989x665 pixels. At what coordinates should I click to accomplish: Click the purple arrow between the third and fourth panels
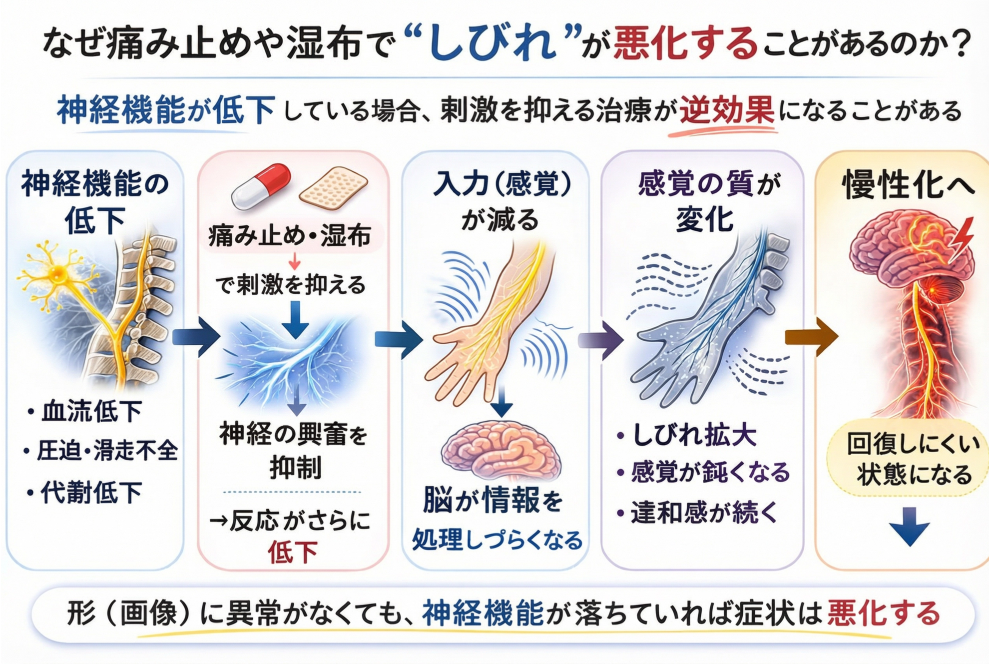pyautogui.click(x=601, y=340)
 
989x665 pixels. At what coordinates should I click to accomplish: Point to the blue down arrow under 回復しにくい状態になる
pyautogui.click(x=909, y=526)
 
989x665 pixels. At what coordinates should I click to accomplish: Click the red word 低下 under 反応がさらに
pyautogui.click(x=293, y=552)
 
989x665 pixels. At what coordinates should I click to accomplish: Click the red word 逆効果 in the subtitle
pyautogui.click(x=727, y=110)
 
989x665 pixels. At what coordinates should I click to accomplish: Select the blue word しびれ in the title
pyautogui.click(x=492, y=43)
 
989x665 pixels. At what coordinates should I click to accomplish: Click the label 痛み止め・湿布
pyautogui.click(x=290, y=236)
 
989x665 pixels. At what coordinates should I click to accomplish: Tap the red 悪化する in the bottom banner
pyautogui.click(x=883, y=613)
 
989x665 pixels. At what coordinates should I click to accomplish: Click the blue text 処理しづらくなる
pyautogui.click(x=497, y=540)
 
